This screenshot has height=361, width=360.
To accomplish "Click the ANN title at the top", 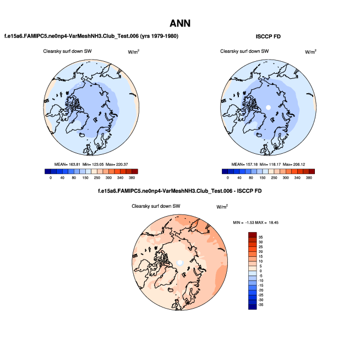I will [180, 23].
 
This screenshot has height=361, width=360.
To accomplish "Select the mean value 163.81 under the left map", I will [73, 165].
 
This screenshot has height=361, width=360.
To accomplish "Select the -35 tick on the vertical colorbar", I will [261, 303].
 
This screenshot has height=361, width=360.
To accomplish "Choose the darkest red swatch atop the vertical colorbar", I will [252, 235].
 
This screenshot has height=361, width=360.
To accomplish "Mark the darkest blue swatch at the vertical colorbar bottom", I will [252, 306].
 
